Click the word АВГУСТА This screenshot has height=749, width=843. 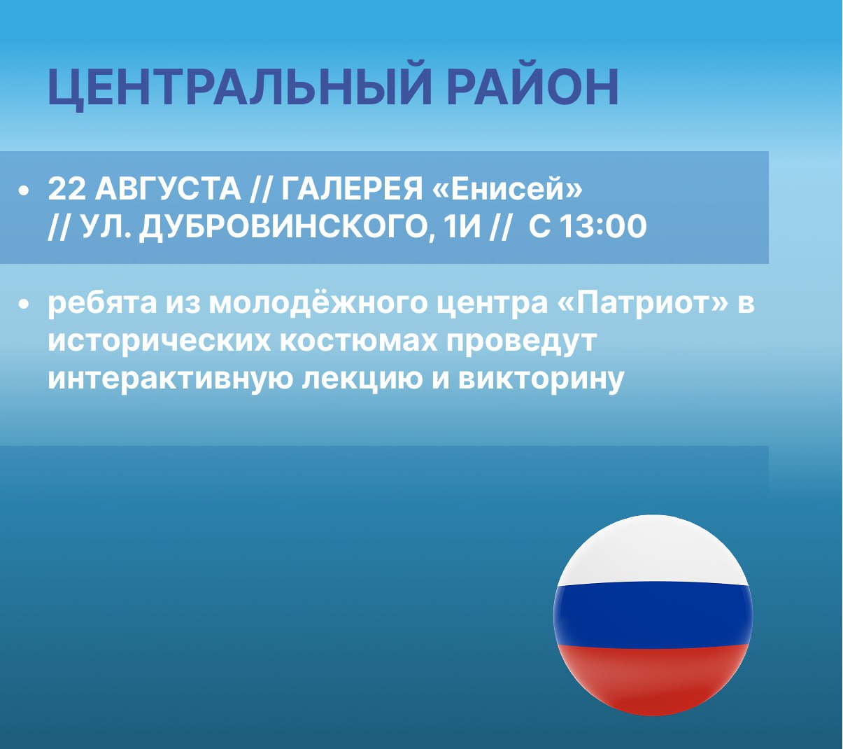pos(168,189)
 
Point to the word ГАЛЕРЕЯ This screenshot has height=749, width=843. pos(352,189)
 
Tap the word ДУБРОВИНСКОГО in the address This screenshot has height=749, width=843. pos(287,227)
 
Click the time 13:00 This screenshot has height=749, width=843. pos(603,227)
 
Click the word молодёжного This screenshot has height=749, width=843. pos(318,302)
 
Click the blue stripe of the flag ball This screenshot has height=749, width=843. pos(653,616)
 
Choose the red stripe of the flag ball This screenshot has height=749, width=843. pos(653,678)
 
